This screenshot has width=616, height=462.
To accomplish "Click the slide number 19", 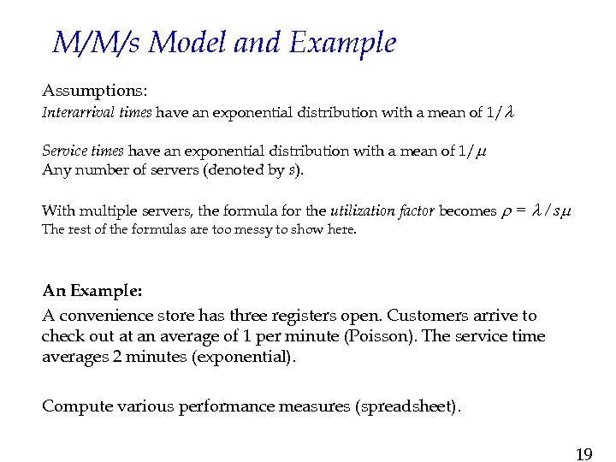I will (x=583, y=453).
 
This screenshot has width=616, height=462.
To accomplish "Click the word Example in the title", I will (x=342, y=43).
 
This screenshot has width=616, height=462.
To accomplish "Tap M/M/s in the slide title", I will (x=97, y=43).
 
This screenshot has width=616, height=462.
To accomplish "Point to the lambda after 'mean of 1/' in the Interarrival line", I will (x=509, y=112).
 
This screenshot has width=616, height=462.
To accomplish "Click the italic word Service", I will (x=62, y=151).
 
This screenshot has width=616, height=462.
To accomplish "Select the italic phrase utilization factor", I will (x=382, y=210).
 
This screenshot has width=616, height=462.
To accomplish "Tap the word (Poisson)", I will (x=382, y=336).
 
